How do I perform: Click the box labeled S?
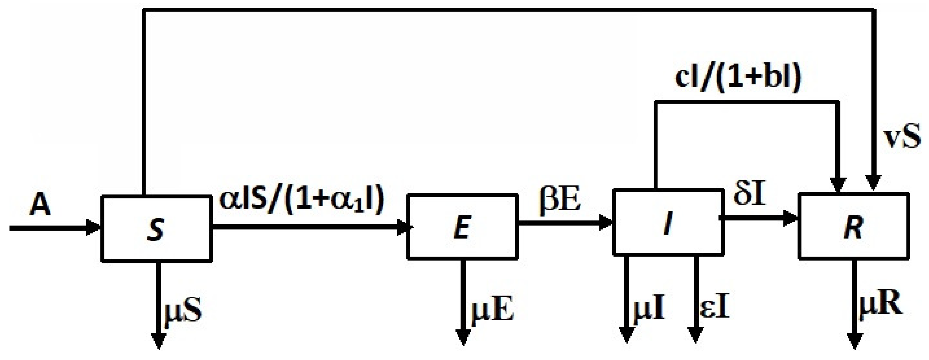pos(156,229)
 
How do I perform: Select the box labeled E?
pos(462,227)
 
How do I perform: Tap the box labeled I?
pos(668,223)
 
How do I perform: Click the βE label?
pos(560,201)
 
